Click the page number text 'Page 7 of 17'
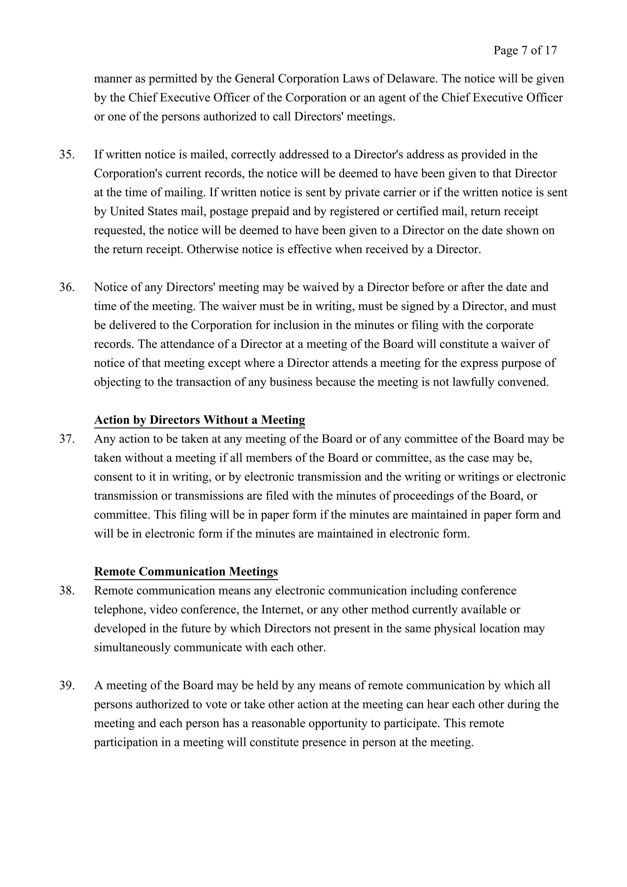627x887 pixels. [x=525, y=51]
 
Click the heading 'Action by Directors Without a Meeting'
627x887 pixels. [x=199, y=420]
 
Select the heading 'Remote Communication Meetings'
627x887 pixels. [x=186, y=571]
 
